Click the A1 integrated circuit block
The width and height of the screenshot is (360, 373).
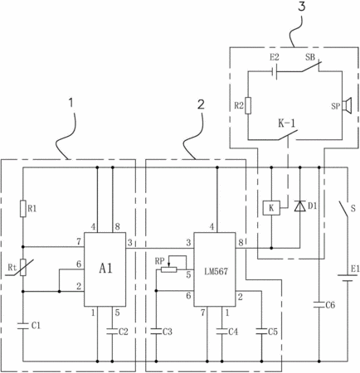click(x=105, y=269)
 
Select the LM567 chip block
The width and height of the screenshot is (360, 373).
click(x=215, y=269)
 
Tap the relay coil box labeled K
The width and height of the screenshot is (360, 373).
click(x=271, y=208)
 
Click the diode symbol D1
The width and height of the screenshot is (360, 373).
click(x=300, y=206)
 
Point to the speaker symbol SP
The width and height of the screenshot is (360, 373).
click(x=347, y=105)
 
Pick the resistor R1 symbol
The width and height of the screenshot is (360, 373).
click(x=23, y=209)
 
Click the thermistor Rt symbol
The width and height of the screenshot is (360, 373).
click(x=23, y=268)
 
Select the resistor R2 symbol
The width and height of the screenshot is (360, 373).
click(x=248, y=105)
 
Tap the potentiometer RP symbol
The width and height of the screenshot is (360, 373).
click(x=169, y=269)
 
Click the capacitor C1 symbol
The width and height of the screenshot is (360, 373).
click(x=23, y=326)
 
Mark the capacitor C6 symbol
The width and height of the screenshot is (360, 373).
click(x=319, y=304)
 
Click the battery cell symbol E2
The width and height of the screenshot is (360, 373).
click(x=275, y=72)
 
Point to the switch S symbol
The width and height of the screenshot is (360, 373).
click(x=344, y=209)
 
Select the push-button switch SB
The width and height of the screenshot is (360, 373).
click(x=310, y=67)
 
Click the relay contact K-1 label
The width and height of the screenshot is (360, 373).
click(x=286, y=124)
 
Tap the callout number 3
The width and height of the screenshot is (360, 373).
click(x=302, y=6)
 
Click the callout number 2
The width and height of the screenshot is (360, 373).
click(x=201, y=104)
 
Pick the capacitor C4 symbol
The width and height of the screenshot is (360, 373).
click(x=222, y=331)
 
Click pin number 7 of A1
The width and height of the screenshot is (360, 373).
click(x=79, y=242)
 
